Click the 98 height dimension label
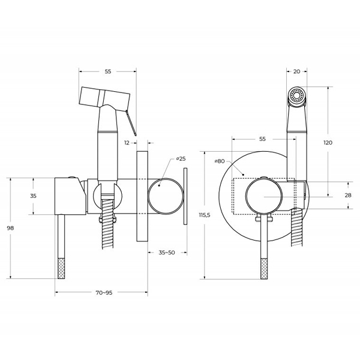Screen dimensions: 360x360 coord(10,228)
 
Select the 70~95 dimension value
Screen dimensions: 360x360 coord(104,293)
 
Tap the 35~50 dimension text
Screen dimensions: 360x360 coord(167,253)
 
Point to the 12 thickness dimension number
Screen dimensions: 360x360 coord(127,143)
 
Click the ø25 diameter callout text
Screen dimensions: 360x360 coord(181,158)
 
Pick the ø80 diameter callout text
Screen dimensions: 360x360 coord(220,161)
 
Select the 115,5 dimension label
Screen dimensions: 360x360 coord(205,215)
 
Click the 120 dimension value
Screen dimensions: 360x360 coord(328,143)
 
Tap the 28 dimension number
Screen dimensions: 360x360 coord(348,195)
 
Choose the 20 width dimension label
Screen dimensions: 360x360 coord(296,71)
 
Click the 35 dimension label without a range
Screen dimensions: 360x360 coord(33,196)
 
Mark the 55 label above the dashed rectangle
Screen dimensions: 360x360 coord(262,139)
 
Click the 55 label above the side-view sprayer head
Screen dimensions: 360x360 coord(108,71)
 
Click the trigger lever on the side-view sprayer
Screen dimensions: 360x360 coord(131,123)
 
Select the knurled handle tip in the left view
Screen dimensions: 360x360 coord(61,268)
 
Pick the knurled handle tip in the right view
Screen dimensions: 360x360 coord(264,269)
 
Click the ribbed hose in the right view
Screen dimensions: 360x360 coord(296,227)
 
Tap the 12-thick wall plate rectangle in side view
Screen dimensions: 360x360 coord(142,196)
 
